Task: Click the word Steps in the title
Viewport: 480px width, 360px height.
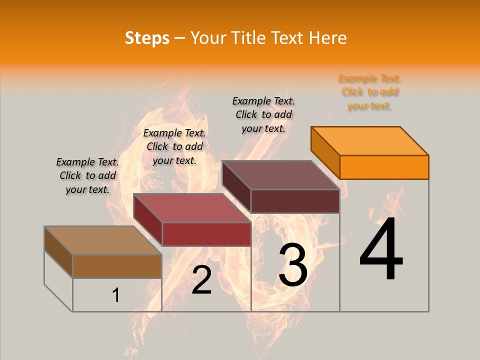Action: coord(147,38)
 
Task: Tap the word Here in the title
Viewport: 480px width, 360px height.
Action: coord(328,38)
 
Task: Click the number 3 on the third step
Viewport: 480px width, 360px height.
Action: coord(293,265)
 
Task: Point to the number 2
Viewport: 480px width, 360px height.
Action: coord(201,280)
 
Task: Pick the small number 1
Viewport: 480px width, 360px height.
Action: coord(116,295)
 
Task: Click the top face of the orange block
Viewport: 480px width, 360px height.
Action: coord(370,140)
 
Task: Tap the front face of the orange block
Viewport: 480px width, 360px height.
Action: coord(384,167)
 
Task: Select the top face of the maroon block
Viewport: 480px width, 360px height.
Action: coord(281,175)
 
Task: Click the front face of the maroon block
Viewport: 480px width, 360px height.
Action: coord(295,201)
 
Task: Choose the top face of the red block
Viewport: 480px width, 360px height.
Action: coord(192,208)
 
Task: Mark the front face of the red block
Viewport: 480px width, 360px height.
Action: coord(206,234)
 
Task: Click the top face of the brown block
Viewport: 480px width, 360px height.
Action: coord(103,240)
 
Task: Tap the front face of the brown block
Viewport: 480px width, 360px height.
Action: coord(117,266)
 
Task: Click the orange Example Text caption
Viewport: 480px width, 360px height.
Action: coord(369,92)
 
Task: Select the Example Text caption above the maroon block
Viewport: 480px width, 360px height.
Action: coord(263,114)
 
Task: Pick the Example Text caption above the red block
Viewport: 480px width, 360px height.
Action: coord(174,146)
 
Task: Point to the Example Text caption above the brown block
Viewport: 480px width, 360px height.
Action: coord(87,175)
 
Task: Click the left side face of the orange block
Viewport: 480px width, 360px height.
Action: coord(325,152)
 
